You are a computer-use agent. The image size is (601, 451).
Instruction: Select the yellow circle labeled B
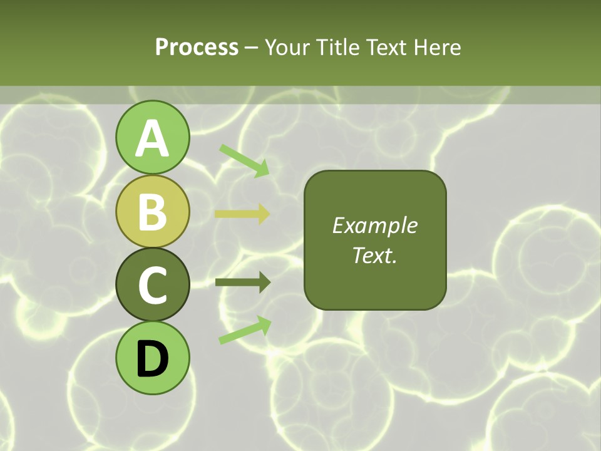coord(153,211)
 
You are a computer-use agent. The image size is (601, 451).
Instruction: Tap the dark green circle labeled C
coord(153,284)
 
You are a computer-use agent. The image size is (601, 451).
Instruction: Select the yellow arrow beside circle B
coord(242,214)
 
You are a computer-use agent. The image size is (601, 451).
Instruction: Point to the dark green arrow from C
coord(242,283)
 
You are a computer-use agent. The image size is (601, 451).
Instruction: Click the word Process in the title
coord(197,47)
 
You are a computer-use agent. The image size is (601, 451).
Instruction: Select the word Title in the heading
coord(339,47)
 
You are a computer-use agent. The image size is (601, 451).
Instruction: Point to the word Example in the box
coord(374,225)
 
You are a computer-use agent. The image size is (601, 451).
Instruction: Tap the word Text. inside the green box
coord(374,255)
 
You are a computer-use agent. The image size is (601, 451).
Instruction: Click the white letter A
coord(153,138)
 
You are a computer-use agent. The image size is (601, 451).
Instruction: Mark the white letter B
coord(153,212)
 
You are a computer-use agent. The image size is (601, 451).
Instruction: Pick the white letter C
coord(153,285)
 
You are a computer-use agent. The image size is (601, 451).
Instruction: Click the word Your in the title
coord(287,47)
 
